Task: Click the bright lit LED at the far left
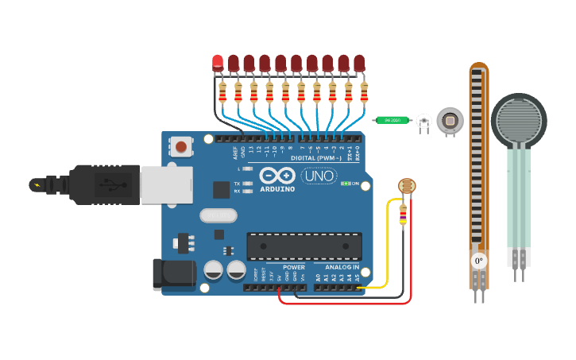click(218, 63)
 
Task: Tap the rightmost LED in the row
click(359, 63)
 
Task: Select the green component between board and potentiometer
click(391, 120)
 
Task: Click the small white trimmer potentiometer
click(423, 122)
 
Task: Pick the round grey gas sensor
click(450, 121)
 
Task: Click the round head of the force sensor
click(518, 120)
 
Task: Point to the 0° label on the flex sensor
click(478, 261)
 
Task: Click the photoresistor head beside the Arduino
click(406, 187)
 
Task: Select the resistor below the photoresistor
click(403, 213)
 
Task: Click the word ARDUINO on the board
click(276, 188)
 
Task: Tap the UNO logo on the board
click(319, 176)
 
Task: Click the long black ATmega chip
click(304, 246)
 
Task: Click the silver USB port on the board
click(166, 184)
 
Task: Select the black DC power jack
click(173, 273)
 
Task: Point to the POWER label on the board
click(293, 267)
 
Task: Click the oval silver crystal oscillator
click(218, 215)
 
